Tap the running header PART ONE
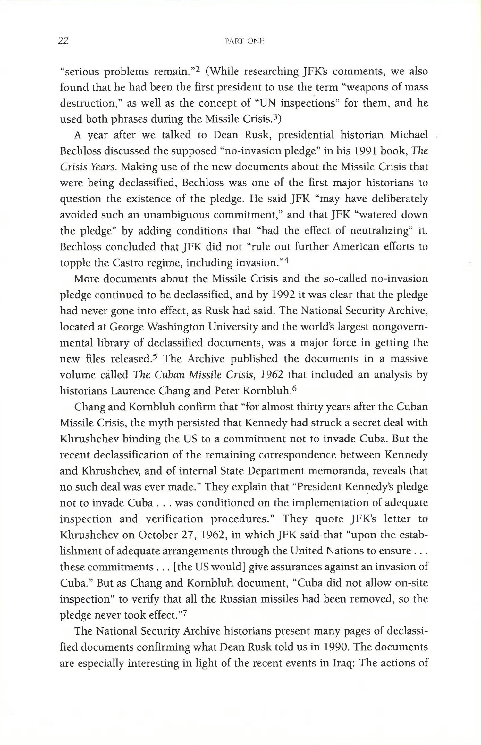(244, 41)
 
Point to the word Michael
(409, 135)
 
